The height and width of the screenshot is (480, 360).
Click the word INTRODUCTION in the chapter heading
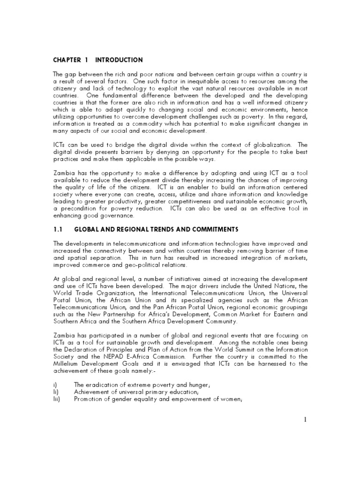119,60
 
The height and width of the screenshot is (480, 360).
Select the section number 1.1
57,229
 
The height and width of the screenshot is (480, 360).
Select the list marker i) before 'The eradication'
55,385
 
